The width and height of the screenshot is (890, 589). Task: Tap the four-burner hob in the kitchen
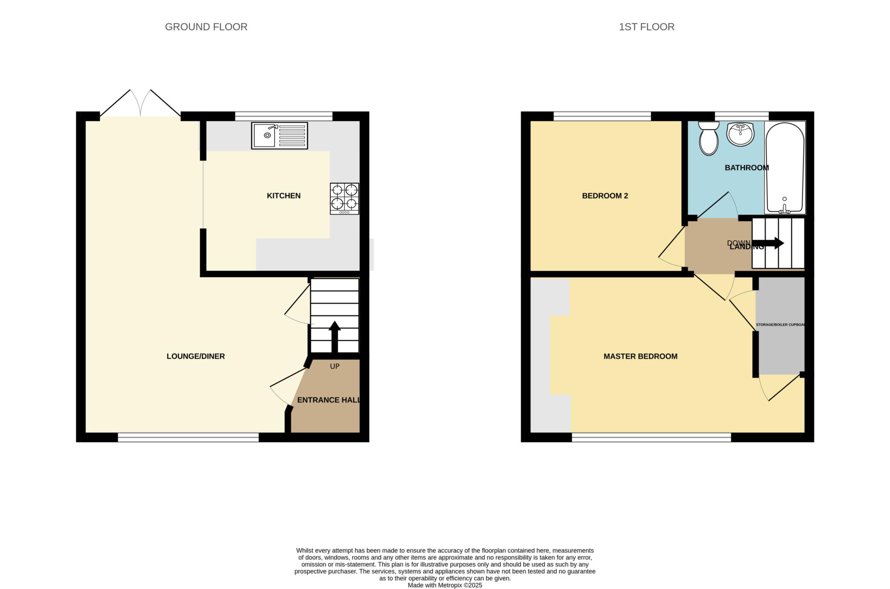point(345,199)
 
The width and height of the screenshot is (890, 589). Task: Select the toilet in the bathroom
point(709,138)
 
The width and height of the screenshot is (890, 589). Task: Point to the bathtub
point(784,168)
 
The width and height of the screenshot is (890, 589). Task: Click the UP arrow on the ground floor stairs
point(334,337)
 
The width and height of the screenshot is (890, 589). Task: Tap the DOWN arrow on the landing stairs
point(773,243)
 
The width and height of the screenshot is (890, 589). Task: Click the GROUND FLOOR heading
point(206,27)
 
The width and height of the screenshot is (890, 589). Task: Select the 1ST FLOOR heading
point(646,27)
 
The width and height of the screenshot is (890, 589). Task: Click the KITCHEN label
point(283,196)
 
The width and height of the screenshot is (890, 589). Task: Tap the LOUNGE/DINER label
point(196,356)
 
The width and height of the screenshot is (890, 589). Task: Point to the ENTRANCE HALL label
point(329,400)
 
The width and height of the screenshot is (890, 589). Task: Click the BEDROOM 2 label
point(605,196)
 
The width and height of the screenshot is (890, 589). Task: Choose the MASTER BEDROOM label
point(640,356)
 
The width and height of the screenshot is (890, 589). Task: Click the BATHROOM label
point(747,168)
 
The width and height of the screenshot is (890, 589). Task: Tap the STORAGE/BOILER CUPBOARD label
point(780,325)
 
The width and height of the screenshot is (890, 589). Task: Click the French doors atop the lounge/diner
point(140,104)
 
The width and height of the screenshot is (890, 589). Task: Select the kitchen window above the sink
point(283,116)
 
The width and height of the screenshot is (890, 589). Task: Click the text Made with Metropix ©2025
point(445,585)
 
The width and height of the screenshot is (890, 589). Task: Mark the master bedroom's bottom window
point(651,437)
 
